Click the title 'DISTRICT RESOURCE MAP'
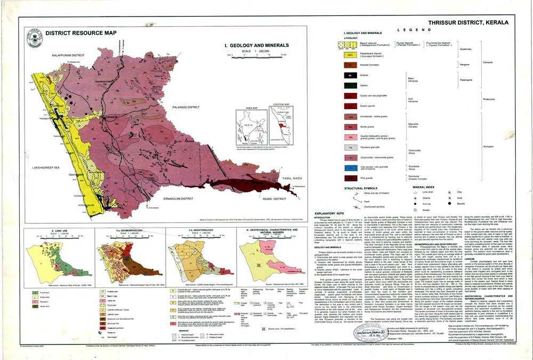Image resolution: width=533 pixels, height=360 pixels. click(81, 33)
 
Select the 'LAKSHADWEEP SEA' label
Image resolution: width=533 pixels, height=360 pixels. click(38, 167)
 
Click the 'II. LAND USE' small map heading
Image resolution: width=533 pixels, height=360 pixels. click(34, 231)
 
